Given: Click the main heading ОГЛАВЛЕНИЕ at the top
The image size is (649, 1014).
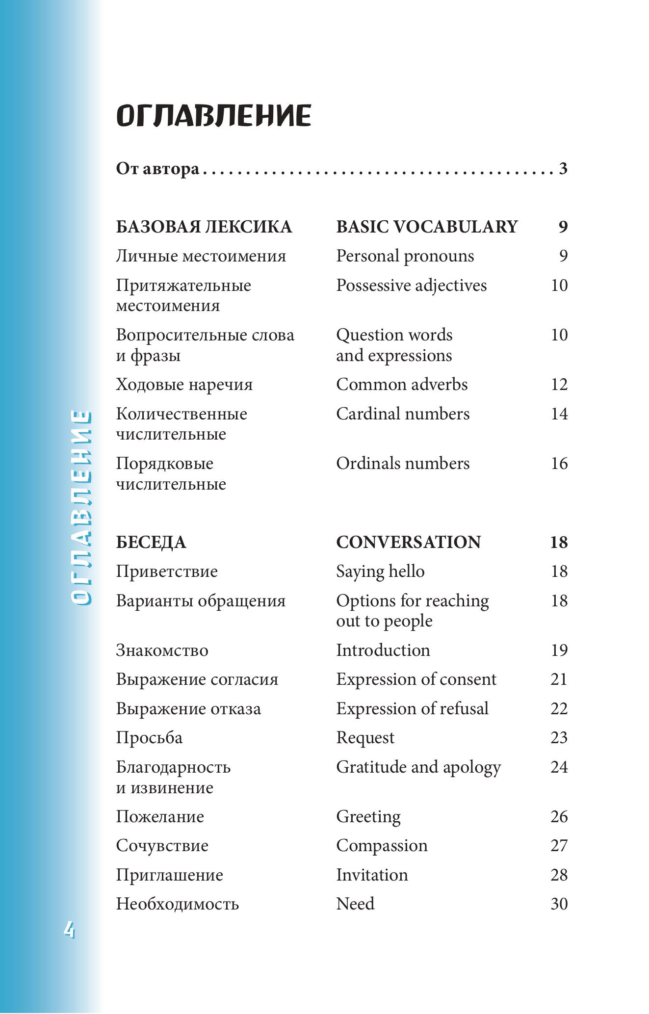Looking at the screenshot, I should click(x=213, y=116).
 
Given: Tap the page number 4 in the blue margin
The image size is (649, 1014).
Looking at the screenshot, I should click(x=69, y=930).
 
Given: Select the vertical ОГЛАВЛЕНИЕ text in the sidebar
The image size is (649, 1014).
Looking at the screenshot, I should click(x=80, y=508).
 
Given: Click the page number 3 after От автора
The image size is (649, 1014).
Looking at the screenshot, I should click(x=563, y=169).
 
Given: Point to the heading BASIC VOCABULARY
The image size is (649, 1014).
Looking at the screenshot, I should click(x=427, y=227).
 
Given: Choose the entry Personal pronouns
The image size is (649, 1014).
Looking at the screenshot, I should click(x=405, y=256).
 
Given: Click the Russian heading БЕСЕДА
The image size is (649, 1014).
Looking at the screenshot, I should click(x=151, y=542).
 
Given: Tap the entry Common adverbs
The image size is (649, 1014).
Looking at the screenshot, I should click(x=402, y=385).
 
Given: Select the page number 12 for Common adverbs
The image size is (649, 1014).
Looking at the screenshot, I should click(x=559, y=385).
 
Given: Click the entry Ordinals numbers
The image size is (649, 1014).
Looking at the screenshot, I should click(x=403, y=464).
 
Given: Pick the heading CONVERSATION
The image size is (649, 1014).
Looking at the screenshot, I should click(x=408, y=542).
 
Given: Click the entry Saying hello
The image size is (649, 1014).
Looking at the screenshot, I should click(x=380, y=572).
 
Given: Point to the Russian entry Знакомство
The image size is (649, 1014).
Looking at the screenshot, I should click(x=162, y=650).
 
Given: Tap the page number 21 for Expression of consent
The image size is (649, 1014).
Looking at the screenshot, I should click(x=559, y=679).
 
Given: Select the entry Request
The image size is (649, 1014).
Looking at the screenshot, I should click(x=365, y=738).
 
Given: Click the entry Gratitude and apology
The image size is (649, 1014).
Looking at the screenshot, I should click(x=418, y=767).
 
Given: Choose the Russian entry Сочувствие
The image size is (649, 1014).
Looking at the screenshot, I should click(x=162, y=846).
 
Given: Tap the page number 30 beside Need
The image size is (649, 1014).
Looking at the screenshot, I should click(x=559, y=904).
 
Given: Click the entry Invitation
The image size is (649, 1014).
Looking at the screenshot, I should click(x=372, y=875).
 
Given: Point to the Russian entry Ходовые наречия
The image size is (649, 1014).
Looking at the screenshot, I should click(x=184, y=385).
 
